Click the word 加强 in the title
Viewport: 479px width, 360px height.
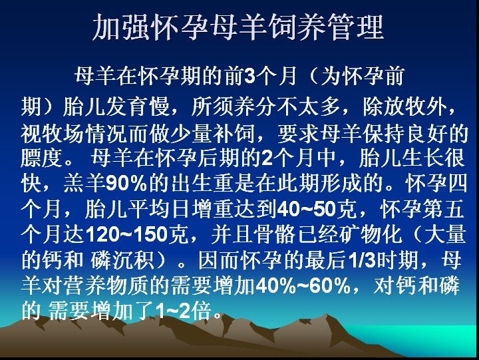point(121,27)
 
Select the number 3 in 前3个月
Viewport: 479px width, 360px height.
point(249,76)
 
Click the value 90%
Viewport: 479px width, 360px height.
point(126,184)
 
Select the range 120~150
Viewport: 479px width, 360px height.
point(126,235)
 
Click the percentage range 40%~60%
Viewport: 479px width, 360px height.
point(303,286)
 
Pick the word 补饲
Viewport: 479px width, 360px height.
point(234,133)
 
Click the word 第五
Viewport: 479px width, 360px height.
point(444,209)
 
